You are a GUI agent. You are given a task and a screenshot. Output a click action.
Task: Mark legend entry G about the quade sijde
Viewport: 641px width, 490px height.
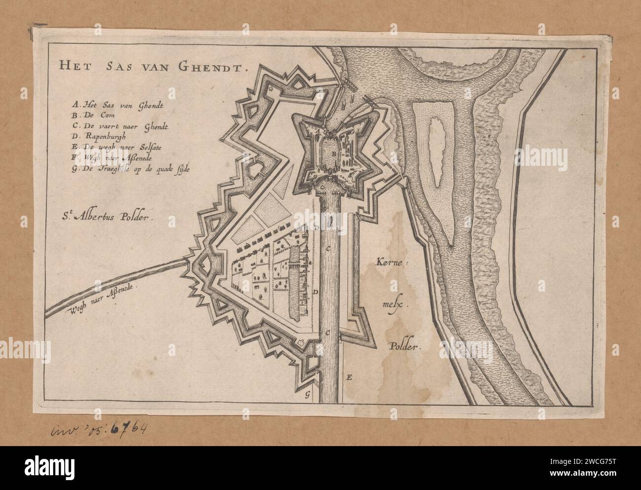pyautogui.click(x=130, y=169)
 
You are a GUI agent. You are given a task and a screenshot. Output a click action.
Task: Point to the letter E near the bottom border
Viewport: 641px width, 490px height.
pyautogui.click(x=349, y=378)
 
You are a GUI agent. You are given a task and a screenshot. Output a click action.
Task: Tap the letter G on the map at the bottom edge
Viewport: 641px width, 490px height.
pyautogui.click(x=307, y=393)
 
